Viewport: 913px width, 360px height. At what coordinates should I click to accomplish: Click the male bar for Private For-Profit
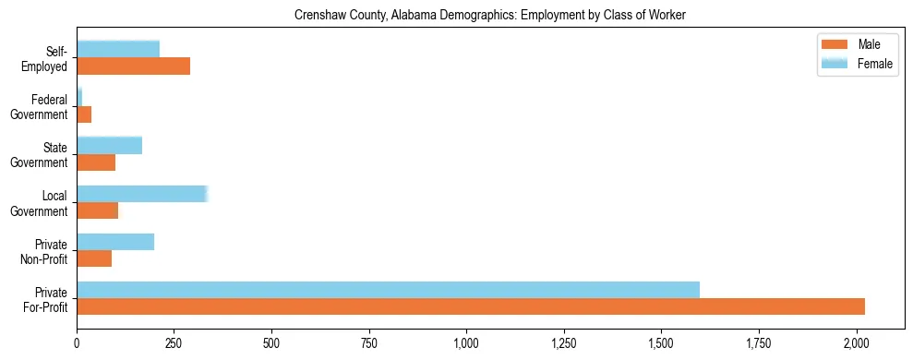coord(471,306)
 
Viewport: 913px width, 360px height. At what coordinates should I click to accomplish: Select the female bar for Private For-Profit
coord(388,290)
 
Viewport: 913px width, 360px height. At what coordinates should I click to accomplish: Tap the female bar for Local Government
coord(142,194)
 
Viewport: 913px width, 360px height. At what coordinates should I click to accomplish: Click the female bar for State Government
coord(110,146)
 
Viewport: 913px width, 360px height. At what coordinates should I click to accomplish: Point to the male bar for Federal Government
coord(84,114)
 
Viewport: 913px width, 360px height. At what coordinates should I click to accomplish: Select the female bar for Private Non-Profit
coord(115,242)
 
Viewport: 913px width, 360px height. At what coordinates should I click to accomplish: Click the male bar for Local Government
coord(98,210)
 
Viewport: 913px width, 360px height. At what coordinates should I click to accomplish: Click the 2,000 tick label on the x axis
coord(856,343)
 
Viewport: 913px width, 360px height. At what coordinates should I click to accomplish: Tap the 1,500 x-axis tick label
coord(661,343)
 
